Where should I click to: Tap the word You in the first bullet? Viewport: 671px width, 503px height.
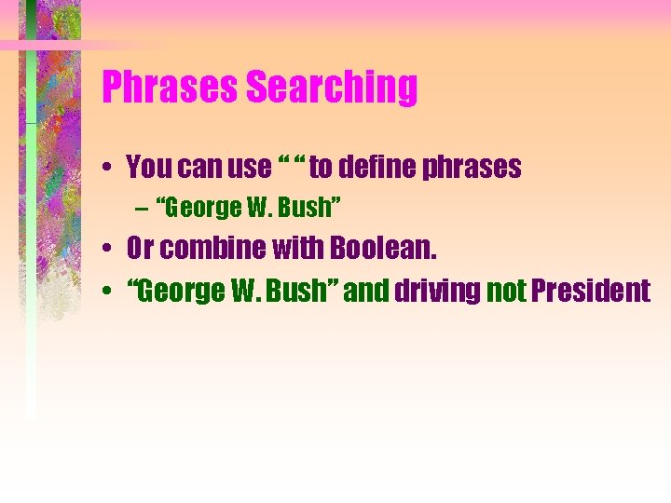coord(147,168)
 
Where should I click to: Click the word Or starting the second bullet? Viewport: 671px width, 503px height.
coord(141,250)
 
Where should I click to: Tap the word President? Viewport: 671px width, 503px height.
coord(591,291)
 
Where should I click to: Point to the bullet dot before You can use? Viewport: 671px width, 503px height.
coord(109,169)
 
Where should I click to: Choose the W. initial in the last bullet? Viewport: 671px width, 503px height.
coord(241,291)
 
